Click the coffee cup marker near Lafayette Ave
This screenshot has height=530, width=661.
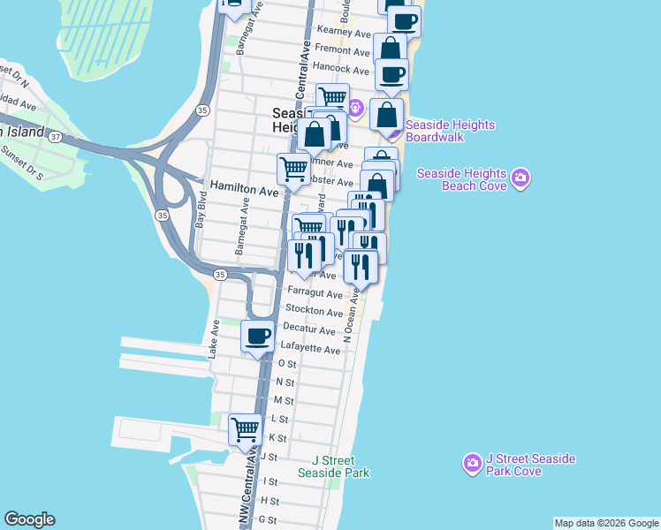click(x=257, y=336)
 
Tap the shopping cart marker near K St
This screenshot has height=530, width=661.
click(x=246, y=430)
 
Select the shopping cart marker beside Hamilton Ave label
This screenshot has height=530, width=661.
click(x=293, y=169)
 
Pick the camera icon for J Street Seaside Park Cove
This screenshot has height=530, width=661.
click(x=473, y=462)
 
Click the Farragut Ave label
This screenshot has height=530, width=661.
click(x=314, y=294)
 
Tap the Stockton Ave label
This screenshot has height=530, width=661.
click(x=314, y=312)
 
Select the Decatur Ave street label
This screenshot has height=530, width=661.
click(x=309, y=330)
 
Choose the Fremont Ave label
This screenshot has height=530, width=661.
click(x=341, y=49)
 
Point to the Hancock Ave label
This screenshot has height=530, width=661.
click(x=341, y=69)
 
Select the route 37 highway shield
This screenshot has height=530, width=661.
click(x=56, y=137)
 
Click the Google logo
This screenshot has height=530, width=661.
click(x=29, y=519)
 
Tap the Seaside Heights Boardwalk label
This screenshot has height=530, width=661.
click(x=450, y=132)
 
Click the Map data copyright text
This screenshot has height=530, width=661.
click(x=606, y=523)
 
